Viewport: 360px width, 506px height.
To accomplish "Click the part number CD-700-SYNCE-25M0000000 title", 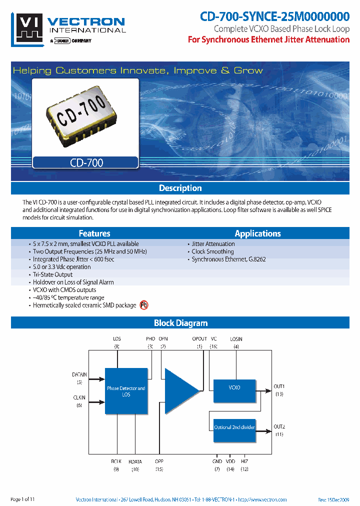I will click(x=274, y=16).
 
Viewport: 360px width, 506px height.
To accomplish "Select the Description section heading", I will click(x=180, y=188).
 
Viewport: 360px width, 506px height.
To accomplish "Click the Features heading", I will click(x=94, y=233).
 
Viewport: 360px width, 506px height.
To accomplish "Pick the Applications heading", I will click(x=257, y=233).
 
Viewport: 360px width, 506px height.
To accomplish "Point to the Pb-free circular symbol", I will click(x=144, y=304).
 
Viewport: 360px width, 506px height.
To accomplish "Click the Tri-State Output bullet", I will click(x=52, y=274).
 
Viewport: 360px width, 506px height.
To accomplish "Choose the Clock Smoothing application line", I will click(x=212, y=251).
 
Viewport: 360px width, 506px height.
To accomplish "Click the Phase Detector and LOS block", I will click(x=126, y=391).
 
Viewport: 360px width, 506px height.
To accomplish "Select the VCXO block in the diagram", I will click(x=234, y=387).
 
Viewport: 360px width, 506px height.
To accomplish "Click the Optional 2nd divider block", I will click(x=234, y=427).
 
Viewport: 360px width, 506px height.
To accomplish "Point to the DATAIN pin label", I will click(x=79, y=374).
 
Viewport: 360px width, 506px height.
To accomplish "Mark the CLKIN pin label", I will click(x=79, y=398).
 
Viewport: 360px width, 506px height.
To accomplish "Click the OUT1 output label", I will click(x=279, y=386).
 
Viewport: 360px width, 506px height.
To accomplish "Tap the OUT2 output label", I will click(x=279, y=426).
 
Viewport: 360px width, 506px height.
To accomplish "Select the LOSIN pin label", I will click(x=236, y=339).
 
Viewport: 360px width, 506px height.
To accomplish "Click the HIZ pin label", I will click(x=244, y=462).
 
